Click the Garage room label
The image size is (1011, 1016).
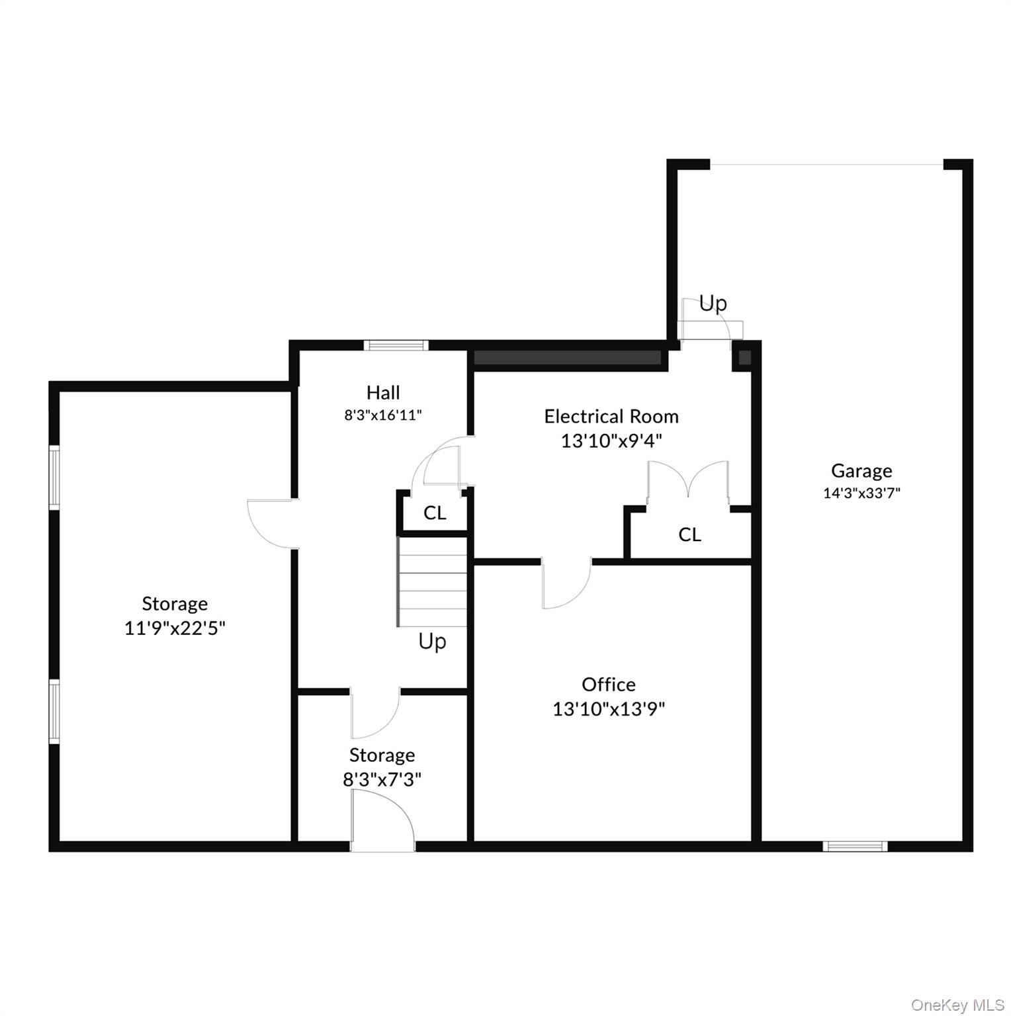tap(861, 471)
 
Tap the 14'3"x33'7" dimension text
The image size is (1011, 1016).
tap(861, 493)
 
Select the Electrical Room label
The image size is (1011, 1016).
tap(611, 416)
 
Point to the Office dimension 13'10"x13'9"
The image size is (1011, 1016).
tap(609, 709)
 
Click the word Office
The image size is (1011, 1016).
tap(609, 684)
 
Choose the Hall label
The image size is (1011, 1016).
tap(383, 392)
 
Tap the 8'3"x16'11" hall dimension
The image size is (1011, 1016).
tap(383, 415)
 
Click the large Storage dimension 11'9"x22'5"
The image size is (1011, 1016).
tap(175, 628)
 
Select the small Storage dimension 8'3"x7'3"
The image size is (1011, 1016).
tap(382, 779)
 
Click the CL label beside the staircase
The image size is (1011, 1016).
tap(435, 513)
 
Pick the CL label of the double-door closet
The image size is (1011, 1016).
tap(689, 534)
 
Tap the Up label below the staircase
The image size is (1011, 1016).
tap(432, 641)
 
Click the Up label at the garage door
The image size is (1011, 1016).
tap(713, 303)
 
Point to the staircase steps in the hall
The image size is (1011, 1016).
tap(432, 581)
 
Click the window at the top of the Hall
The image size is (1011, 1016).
tap(396, 345)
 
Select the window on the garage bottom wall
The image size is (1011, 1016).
tap(855, 845)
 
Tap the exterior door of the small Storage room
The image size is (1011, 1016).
tap(382, 820)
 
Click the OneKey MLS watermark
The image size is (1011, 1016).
tap(957, 1005)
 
